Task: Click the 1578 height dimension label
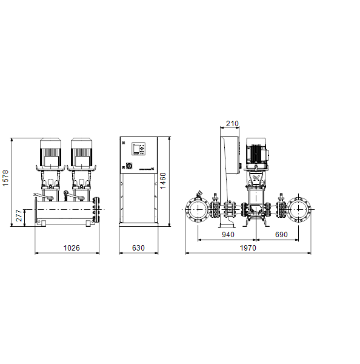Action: tap(5, 178)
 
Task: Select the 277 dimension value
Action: tap(19, 215)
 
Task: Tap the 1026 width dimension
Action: tap(72, 248)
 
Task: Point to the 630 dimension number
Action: tap(138, 248)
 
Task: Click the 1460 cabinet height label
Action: tap(163, 180)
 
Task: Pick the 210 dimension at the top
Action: tap(232, 124)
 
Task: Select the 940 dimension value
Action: tap(228, 234)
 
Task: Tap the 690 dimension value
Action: tap(281, 234)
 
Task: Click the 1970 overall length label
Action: tap(248, 248)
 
